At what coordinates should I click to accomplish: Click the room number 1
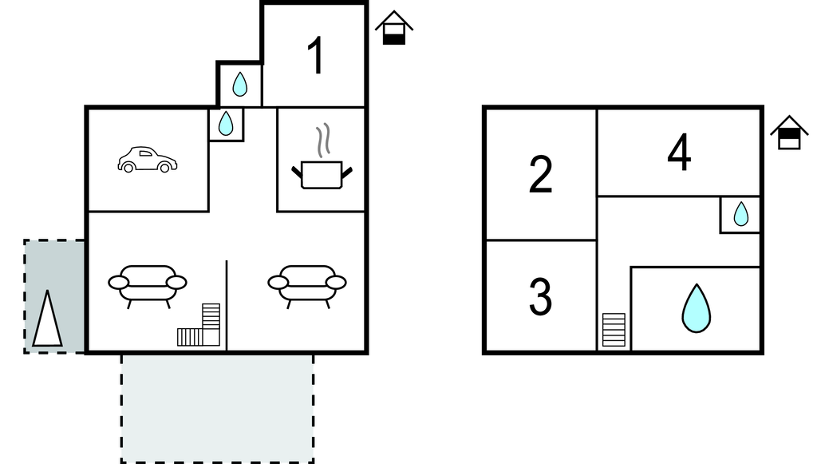pyautogui.click(x=316, y=56)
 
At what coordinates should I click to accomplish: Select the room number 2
pyautogui.click(x=540, y=175)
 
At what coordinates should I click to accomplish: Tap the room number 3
pyautogui.click(x=540, y=296)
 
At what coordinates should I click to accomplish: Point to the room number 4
pyautogui.click(x=680, y=153)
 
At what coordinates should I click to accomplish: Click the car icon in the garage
pyautogui.click(x=148, y=160)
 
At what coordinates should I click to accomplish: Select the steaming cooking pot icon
pyautogui.click(x=322, y=157)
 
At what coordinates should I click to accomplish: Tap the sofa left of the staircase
pyautogui.click(x=148, y=286)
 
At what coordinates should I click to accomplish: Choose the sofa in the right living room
pyautogui.click(x=307, y=286)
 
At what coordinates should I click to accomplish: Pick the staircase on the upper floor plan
pyautogui.click(x=614, y=330)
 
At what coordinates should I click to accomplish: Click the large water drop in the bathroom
pyautogui.click(x=696, y=308)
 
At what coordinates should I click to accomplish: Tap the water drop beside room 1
pyautogui.click(x=239, y=85)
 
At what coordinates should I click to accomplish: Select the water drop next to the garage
pyautogui.click(x=226, y=124)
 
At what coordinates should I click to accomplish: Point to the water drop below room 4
pyautogui.click(x=741, y=214)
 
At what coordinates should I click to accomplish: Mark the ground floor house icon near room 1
pyautogui.click(x=394, y=28)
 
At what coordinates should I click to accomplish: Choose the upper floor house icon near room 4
pyautogui.click(x=789, y=133)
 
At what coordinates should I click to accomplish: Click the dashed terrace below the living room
pyautogui.click(x=218, y=408)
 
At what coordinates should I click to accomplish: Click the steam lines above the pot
pyautogui.click(x=323, y=141)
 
